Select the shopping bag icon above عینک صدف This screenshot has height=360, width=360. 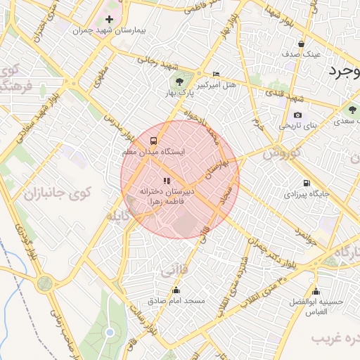[302, 43]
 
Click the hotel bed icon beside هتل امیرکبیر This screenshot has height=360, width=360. [216, 74]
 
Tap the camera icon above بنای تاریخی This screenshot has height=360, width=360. [297, 115]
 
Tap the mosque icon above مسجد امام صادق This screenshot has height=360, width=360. [176, 290]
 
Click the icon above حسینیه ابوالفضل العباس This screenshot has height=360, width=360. [316, 292]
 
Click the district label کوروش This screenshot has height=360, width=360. [285, 152]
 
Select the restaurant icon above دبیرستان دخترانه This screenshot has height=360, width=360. [167, 181]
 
